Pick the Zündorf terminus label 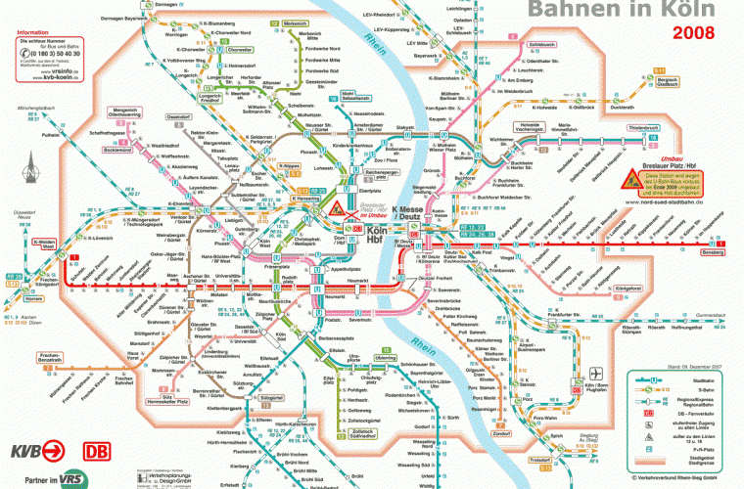coord(502,432)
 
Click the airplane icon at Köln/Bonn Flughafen coord(598,375)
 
